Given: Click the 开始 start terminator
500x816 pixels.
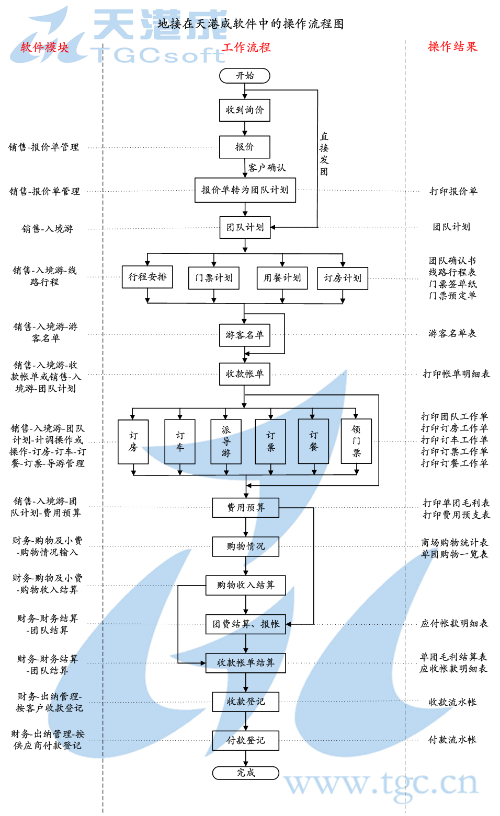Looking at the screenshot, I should point(245,76).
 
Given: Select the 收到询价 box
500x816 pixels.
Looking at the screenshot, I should point(245,110).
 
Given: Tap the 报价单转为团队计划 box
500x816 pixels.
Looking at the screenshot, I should point(245,190).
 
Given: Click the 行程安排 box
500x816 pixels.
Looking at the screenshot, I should point(147,277).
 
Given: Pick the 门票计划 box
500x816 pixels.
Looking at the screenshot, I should point(214,278).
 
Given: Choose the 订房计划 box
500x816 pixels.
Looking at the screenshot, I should point(343,278).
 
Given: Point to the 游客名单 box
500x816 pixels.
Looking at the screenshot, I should point(245,335).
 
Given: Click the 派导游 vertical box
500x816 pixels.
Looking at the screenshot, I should point(226,441).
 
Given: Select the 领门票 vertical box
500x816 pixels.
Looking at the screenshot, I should point(356,441).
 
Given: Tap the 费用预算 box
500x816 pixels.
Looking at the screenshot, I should point(245,507).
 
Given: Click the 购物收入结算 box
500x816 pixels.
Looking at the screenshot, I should point(245,585).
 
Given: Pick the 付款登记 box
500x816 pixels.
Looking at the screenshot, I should point(245,740).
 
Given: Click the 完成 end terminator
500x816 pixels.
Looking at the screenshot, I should point(245,773).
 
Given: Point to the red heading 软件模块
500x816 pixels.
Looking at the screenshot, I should point(45,48).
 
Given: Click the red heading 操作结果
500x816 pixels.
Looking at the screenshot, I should point(452,46).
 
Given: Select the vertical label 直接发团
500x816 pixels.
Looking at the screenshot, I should point(324,154).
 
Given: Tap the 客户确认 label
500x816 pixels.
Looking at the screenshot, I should point(267,168).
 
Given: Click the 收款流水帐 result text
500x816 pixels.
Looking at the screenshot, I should point(452,702).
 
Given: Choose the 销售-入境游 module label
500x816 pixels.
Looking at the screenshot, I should point(48,229).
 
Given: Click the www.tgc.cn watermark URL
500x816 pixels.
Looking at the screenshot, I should point(381,784).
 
